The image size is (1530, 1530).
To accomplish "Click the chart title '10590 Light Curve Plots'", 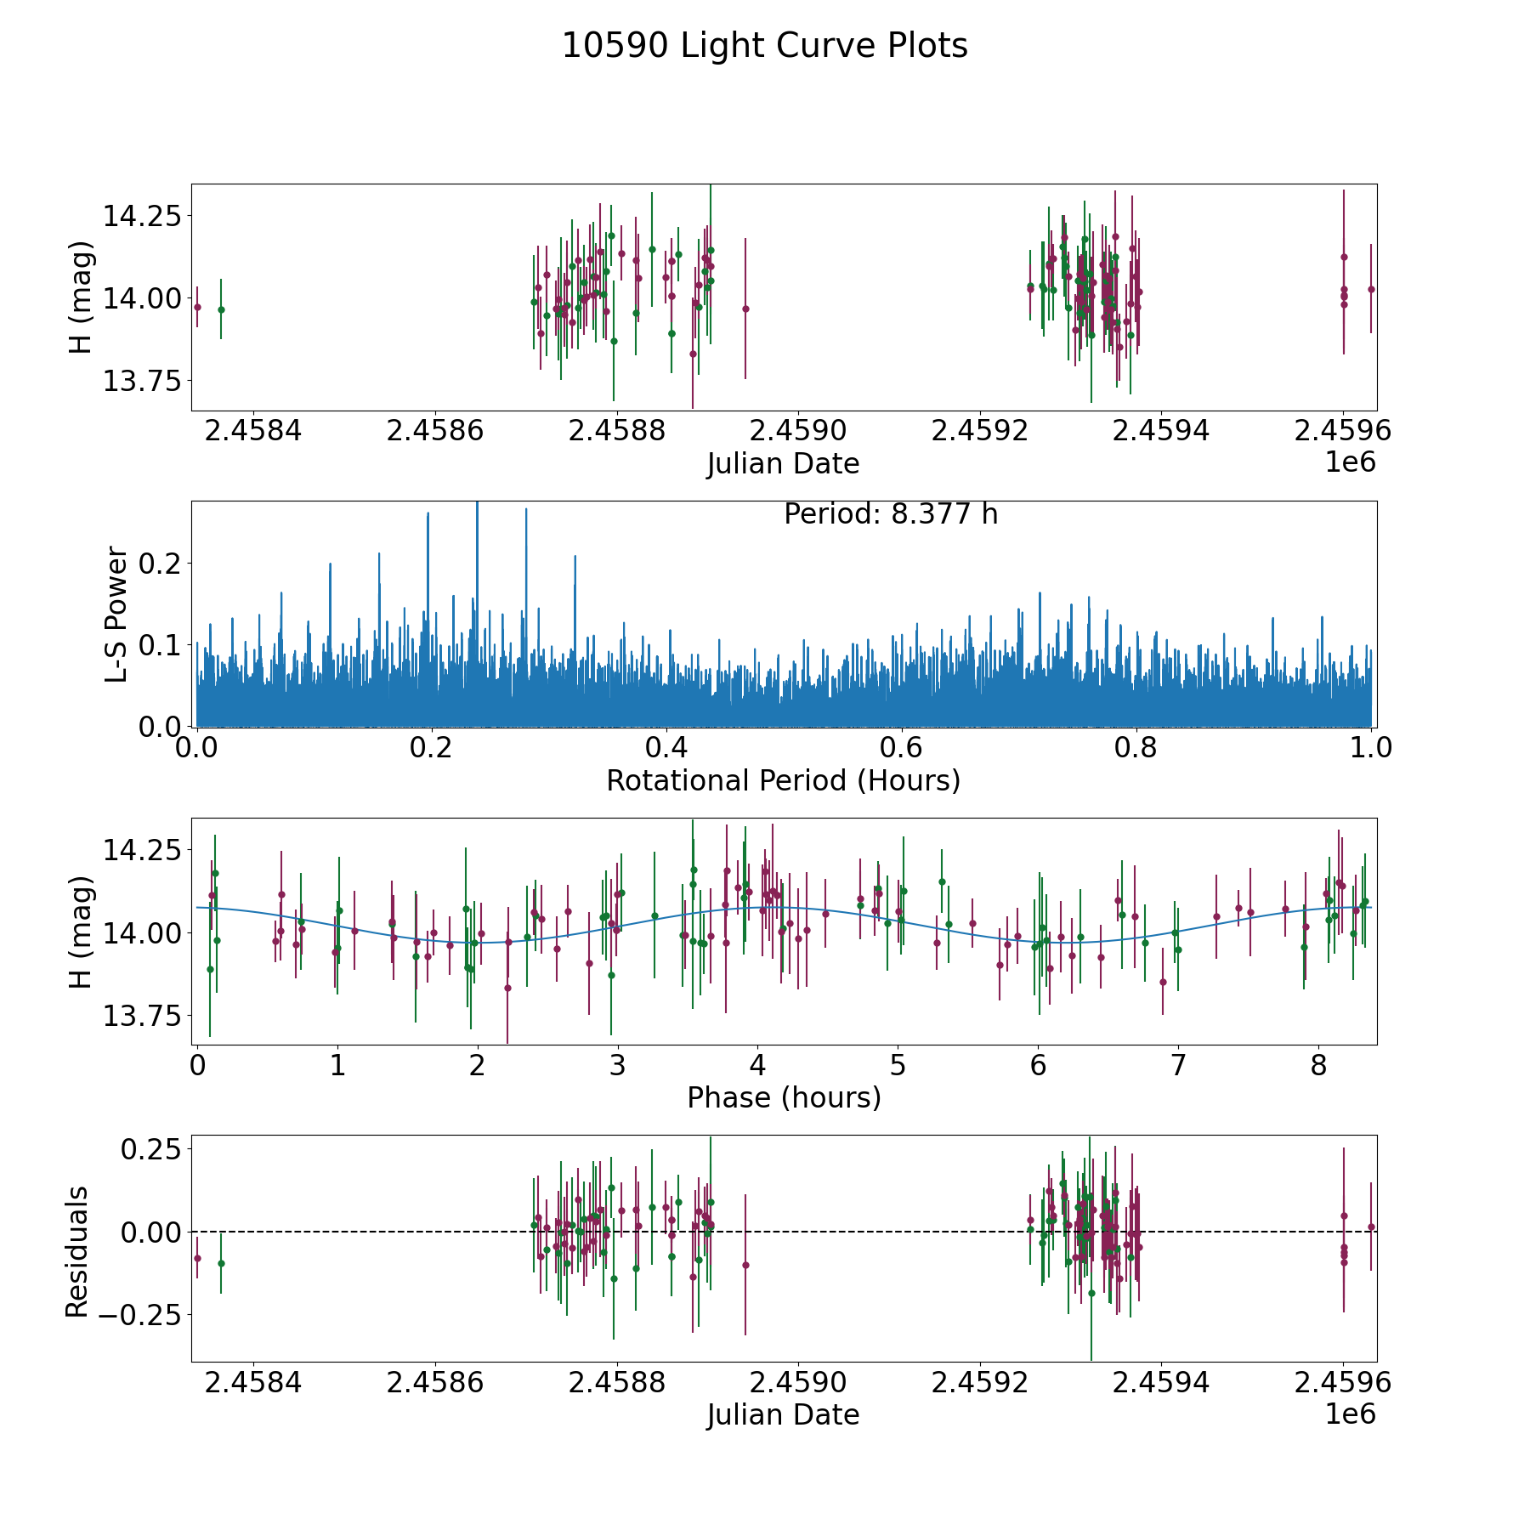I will (x=764, y=46).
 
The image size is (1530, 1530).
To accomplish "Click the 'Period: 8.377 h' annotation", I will (x=890, y=514).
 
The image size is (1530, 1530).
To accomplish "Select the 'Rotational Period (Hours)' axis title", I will (x=783, y=780).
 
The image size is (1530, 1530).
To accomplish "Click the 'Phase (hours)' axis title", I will (x=783, y=1097).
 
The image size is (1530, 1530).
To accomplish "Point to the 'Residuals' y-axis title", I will (x=77, y=1251).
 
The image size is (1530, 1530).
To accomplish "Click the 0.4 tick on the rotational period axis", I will (x=666, y=748).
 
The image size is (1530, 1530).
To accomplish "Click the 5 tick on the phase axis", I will (x=898, y=1066).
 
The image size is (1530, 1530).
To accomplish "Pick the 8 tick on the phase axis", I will (x=1318, y=1066).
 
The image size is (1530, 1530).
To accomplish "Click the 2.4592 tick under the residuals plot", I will (x=980, y=1383).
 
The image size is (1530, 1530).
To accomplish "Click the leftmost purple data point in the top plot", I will (x=197, y=307).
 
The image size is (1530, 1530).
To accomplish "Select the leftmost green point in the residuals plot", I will (x=221, y=1263).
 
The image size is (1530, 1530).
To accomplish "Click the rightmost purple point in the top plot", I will (x=1371, y=289).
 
